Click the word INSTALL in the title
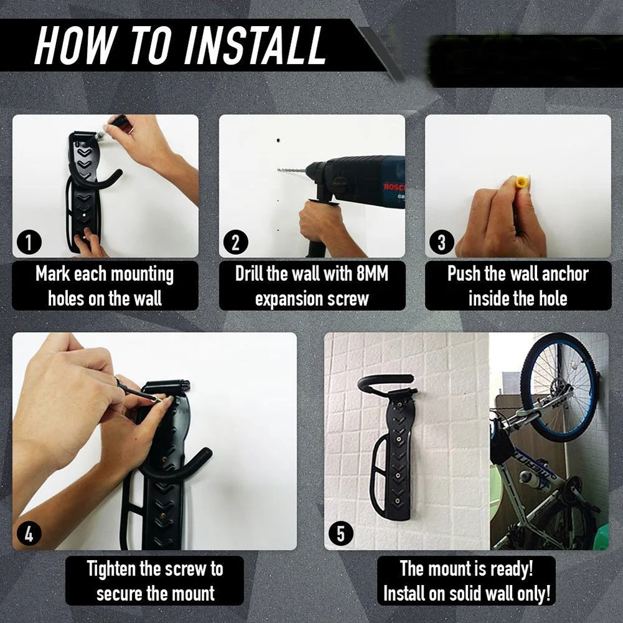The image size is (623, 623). [255, 45]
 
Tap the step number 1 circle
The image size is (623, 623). [29, 242]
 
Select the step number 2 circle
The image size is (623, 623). [235, 242]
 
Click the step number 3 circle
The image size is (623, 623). [442, 242]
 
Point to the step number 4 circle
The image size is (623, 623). [29, 534]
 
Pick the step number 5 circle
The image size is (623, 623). [341, 534]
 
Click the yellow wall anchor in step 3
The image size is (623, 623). [520, 183]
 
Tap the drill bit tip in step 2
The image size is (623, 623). [278, 170]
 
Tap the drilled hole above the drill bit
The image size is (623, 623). [278, 141]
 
